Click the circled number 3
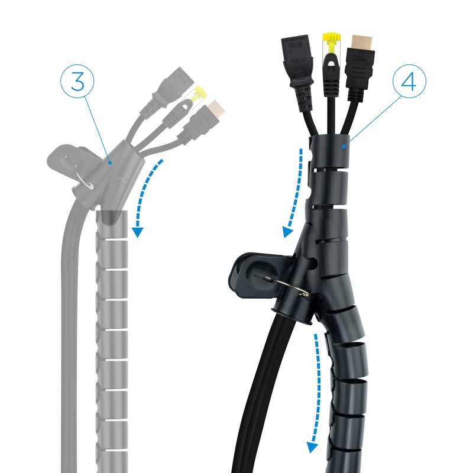[77, 81]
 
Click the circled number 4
[409, 81]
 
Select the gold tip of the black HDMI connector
[362, 43]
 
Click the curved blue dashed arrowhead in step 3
[138, 232]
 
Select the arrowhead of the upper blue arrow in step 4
[288, 232]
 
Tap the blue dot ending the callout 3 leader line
[111, 163]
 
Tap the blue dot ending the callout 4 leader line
[344, 147]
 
